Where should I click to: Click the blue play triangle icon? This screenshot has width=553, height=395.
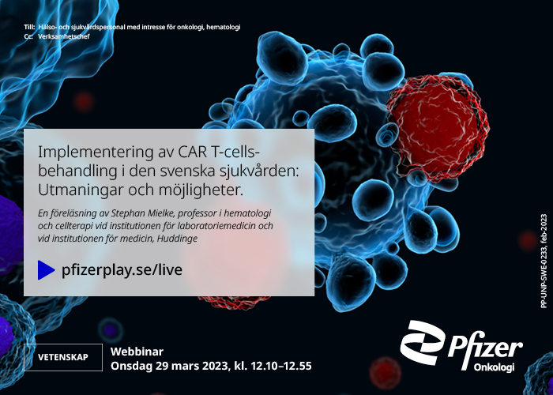pyautogui.click(x=46, y=270)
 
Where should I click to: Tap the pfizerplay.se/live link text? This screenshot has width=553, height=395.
pyautogui.click(x=122, y=270)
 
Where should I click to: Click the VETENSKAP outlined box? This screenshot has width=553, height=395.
pyautogui.click(x=63, y=357)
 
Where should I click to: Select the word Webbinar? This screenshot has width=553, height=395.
pyautogui.click(x=137, y=352)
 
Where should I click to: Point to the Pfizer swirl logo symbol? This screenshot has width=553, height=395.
pyautogui.click(x=422, y=342)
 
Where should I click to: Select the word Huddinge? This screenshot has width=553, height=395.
pyautogui.click(x=177, y=239)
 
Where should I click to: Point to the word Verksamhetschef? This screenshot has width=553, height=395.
pyautogui.click(x=64, y=36)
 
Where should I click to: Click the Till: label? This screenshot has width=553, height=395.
pyautogui.click(x=29, y=27)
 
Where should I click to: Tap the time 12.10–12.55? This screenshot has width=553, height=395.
pyautogui.click(x=281, y=366)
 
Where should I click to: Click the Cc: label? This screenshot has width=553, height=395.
pyautogui.click(x=28, y=36)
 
